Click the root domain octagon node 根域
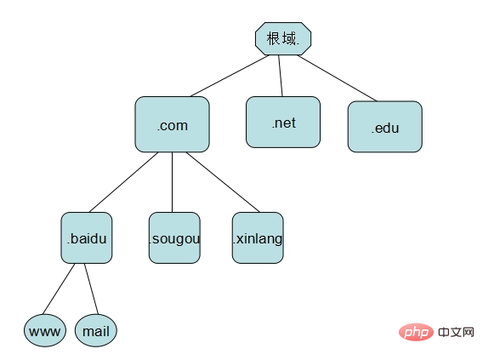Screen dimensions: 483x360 click(283, 38)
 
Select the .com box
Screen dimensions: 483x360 click(172, 124)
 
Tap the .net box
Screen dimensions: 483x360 click(283, 122)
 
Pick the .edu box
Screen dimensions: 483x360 click(385, 127)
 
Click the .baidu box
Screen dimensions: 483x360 click(87, 237)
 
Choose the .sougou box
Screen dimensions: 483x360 click(174, 237)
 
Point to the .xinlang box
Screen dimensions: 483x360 click(258, 237)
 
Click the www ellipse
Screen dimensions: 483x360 click(45, 330)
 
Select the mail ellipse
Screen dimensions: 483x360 click(96, 330)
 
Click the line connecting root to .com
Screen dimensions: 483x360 click(230, 76)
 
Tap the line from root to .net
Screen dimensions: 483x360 click(281, 76)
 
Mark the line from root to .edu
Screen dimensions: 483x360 click(337, 78)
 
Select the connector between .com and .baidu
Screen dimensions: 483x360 click(124, 182)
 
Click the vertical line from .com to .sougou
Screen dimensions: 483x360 click(172, 182)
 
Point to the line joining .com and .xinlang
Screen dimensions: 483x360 click(223, 182)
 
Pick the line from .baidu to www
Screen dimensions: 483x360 click(59, 289)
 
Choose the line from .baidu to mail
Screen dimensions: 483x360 click(92, 289)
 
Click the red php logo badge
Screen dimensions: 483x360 click(416, 332)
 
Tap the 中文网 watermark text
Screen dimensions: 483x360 click(456, 332)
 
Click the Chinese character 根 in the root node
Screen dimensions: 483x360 click(273, 38)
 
